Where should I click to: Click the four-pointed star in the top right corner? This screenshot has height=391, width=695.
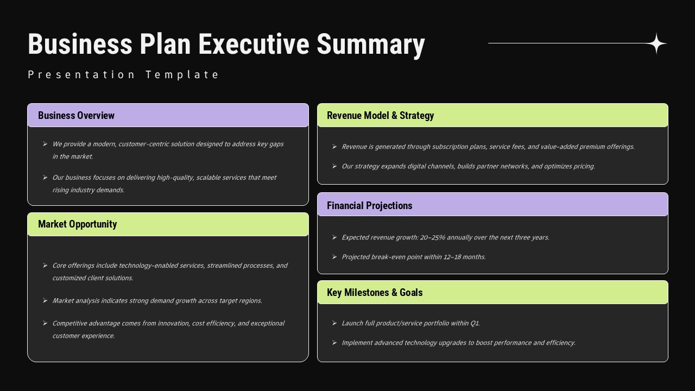coord(657,43)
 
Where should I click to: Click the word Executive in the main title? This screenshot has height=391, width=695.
coord(253,44)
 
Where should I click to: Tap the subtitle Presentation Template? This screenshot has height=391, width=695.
coord(123,75)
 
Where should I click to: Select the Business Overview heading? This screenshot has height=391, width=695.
coord(76,116)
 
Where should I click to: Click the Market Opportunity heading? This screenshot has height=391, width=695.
coord(77,224)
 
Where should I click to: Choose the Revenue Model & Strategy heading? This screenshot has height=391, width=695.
coord(380,116)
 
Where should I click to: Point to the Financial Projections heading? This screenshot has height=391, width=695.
coord(369,206)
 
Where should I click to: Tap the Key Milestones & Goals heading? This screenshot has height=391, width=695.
coord(374,293)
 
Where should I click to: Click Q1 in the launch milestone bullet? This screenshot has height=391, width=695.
coord(475,323)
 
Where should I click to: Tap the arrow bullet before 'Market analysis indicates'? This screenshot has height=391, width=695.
coord(45,300)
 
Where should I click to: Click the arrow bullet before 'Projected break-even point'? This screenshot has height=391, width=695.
coord(334,257)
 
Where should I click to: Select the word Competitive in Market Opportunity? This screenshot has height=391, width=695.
coord(69,323)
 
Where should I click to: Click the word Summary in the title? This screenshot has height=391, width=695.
coord(370,44)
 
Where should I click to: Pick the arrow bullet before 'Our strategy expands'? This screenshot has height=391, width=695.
coord(334,166)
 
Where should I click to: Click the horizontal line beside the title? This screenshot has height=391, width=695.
coord(565,43)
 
